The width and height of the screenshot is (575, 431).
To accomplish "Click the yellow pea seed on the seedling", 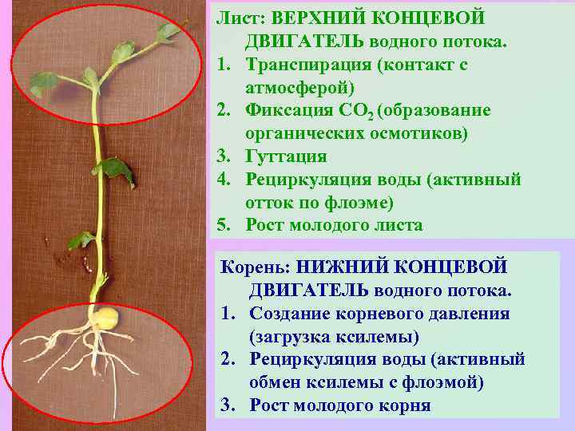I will [106, 318].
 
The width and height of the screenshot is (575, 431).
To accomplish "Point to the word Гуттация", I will [284, 156].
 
